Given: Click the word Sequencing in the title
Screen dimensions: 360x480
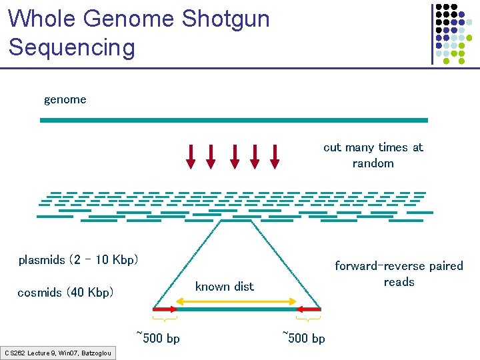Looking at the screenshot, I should click(71, 47).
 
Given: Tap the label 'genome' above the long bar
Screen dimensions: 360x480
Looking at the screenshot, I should click(65, 100).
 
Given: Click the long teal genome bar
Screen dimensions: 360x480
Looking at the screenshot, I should click(233, 120).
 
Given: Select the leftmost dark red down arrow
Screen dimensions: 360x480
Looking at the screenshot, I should click(191, 156).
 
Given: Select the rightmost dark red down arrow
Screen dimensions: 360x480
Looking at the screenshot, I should click(275, 156).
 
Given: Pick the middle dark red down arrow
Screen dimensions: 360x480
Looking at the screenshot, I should click(234, 156).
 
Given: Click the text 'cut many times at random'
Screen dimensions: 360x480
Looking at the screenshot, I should click(373, 155).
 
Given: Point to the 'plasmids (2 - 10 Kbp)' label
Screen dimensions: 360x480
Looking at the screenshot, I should click(78, 260).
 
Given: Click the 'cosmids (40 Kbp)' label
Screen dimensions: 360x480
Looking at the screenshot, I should click(65, 293).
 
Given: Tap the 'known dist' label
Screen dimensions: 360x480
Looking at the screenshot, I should click(224, 287).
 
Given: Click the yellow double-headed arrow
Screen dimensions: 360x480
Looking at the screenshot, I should click(236, 302).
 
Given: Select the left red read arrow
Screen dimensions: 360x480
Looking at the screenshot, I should click(165, 309).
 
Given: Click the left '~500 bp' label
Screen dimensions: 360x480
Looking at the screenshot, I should click(158, 337).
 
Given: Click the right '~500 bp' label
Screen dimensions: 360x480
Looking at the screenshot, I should click(303, 337).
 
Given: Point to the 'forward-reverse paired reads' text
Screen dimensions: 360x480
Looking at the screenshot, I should click(399, 274).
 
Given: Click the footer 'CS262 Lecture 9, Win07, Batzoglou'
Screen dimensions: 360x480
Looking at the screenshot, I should click(58, 353).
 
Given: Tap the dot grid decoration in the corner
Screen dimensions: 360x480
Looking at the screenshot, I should click(451, 33).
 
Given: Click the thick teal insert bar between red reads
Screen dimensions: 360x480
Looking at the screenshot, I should click(236, 309).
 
